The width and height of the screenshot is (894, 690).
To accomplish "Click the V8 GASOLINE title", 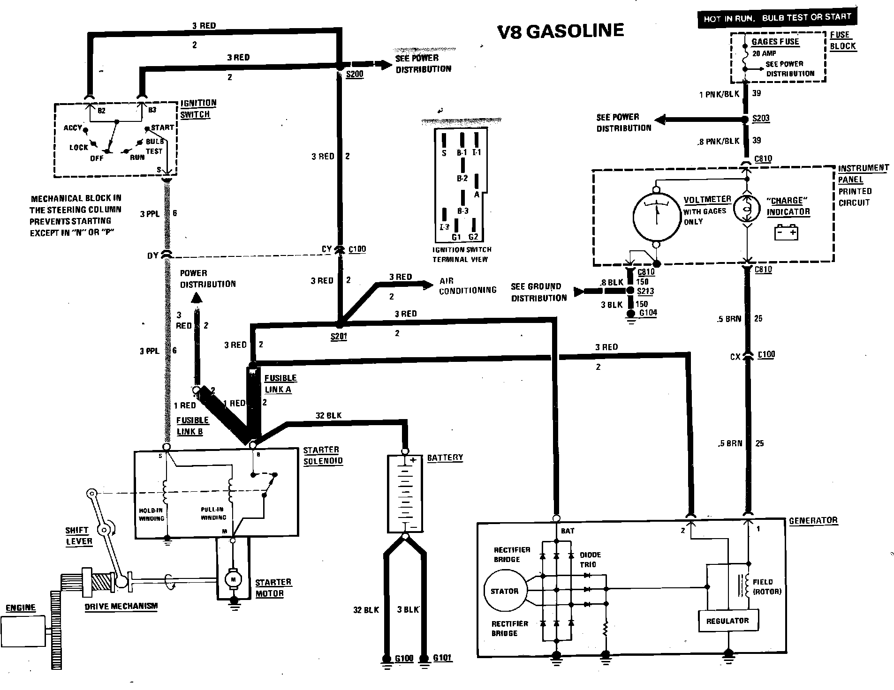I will pos(561,31).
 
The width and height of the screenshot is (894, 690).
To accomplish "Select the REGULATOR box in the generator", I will pos(727,621).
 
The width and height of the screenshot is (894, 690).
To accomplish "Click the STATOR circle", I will pos(504,591).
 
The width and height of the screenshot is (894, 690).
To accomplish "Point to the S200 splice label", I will pos(354,74).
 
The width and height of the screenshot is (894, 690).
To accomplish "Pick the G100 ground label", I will pos(404,659).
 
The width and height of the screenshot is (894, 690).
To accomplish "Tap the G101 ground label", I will pos(442,658).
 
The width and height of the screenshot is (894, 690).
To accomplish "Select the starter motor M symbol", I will pos(232,579).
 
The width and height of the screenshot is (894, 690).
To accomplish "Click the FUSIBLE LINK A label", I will pos(280,383).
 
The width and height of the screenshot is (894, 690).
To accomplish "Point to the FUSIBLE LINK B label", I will pos(192,426).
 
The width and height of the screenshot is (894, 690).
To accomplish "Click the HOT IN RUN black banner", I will pos(777,18).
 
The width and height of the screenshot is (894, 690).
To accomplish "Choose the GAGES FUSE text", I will pos(775,42).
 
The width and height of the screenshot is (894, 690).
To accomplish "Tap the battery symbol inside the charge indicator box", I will pos(786,232).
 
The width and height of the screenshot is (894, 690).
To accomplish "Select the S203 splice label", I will pos(761,118).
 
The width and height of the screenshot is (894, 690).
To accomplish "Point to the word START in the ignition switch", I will pos(162,127).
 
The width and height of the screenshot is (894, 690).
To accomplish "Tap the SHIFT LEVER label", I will pos(79,536).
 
